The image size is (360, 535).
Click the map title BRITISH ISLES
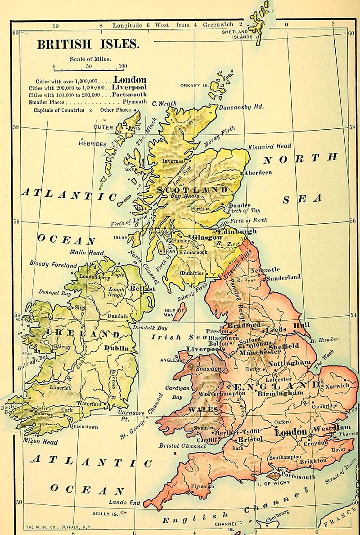pos(88,45)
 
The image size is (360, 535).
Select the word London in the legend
pos(130,80)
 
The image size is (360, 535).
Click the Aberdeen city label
pos(258,172)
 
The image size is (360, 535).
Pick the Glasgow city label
pos(207,237)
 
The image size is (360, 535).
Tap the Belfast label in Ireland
pos(143,288)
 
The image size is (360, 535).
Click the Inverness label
pos(174,161)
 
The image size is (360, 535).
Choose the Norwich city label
pos(337,385)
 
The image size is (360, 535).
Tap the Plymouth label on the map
pos(202,486)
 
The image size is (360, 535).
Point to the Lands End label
pos(125,502)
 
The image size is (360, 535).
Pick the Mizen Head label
pos(40,442)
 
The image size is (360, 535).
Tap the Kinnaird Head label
pos(270,146)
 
